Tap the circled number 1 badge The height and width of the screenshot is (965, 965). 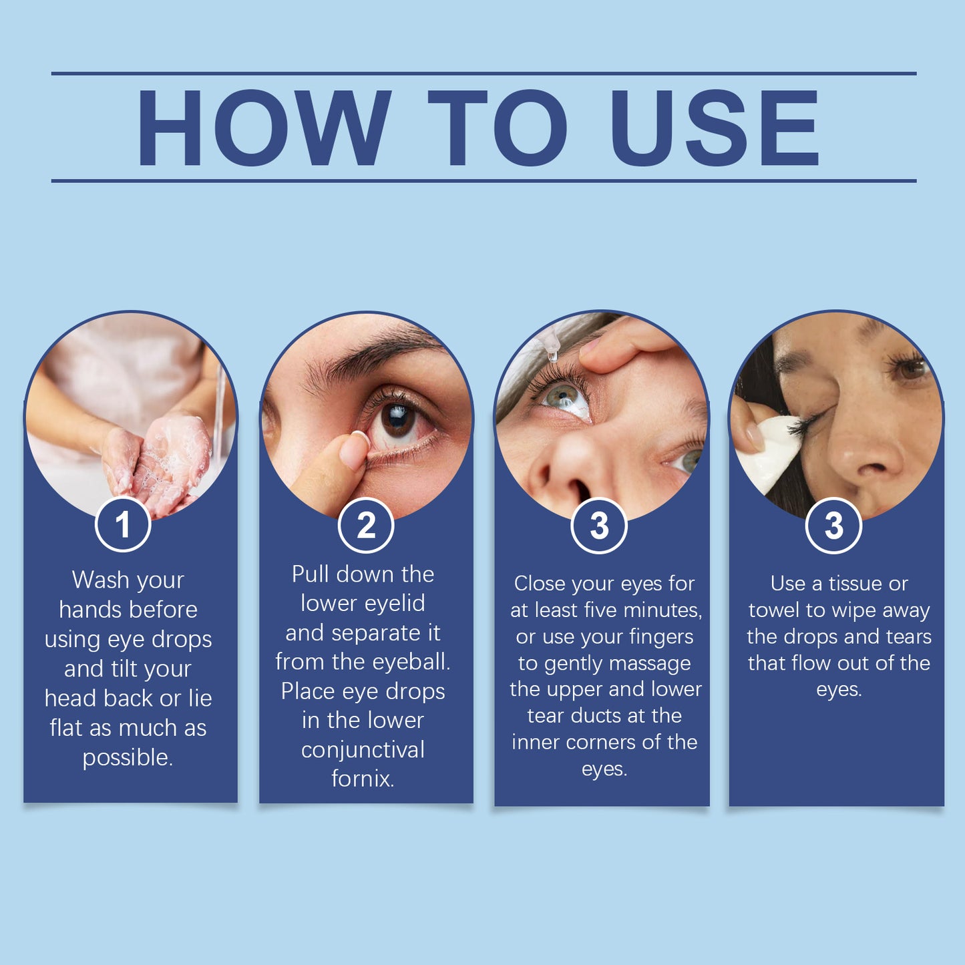point(123,525)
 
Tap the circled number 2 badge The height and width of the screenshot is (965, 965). point(365,526)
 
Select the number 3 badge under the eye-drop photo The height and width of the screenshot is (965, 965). point(599,526)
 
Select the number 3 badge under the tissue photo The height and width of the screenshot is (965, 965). point(833,526)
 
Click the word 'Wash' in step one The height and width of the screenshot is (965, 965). point(100,580)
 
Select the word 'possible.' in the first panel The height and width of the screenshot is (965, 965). point(128,757)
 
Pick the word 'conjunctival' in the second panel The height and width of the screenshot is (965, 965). point(363,750)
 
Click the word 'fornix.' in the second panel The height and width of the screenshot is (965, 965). point(363,779)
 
